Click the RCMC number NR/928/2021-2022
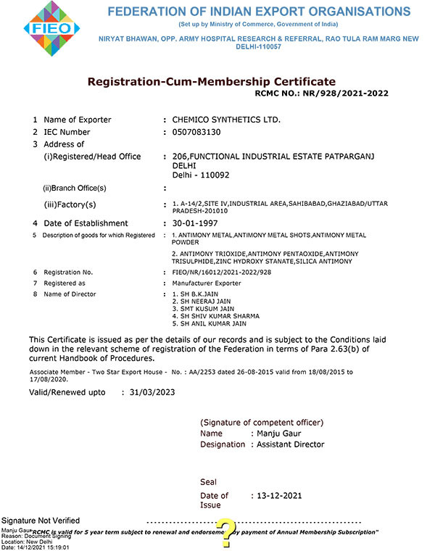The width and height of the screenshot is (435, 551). [347, 94]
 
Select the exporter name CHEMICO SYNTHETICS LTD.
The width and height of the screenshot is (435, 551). [225, 119]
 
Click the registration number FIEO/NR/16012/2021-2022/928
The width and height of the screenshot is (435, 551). [221, 272]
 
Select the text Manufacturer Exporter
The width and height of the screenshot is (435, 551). [207, 283]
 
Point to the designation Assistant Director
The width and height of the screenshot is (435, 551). [291, 444]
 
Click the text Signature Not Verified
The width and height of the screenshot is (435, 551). [41, 521]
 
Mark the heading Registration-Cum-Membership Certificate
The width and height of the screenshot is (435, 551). [212, 81]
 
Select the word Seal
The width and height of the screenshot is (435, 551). [208, 481]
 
